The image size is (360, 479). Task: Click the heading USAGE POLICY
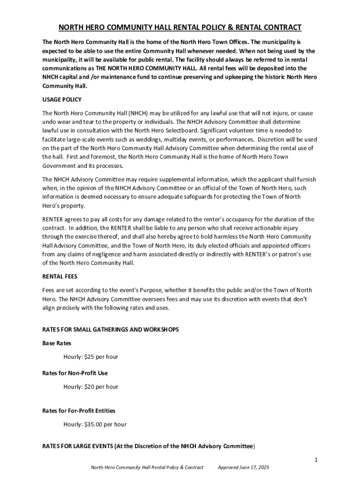62,100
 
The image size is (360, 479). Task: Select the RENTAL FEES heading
60,276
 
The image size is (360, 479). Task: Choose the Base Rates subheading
57,343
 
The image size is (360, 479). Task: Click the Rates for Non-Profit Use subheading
75,373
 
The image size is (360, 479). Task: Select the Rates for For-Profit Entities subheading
79,411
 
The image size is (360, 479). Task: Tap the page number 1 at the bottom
316,460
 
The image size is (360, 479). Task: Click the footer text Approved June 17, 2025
244,468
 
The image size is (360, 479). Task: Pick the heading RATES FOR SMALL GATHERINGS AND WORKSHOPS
110,330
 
